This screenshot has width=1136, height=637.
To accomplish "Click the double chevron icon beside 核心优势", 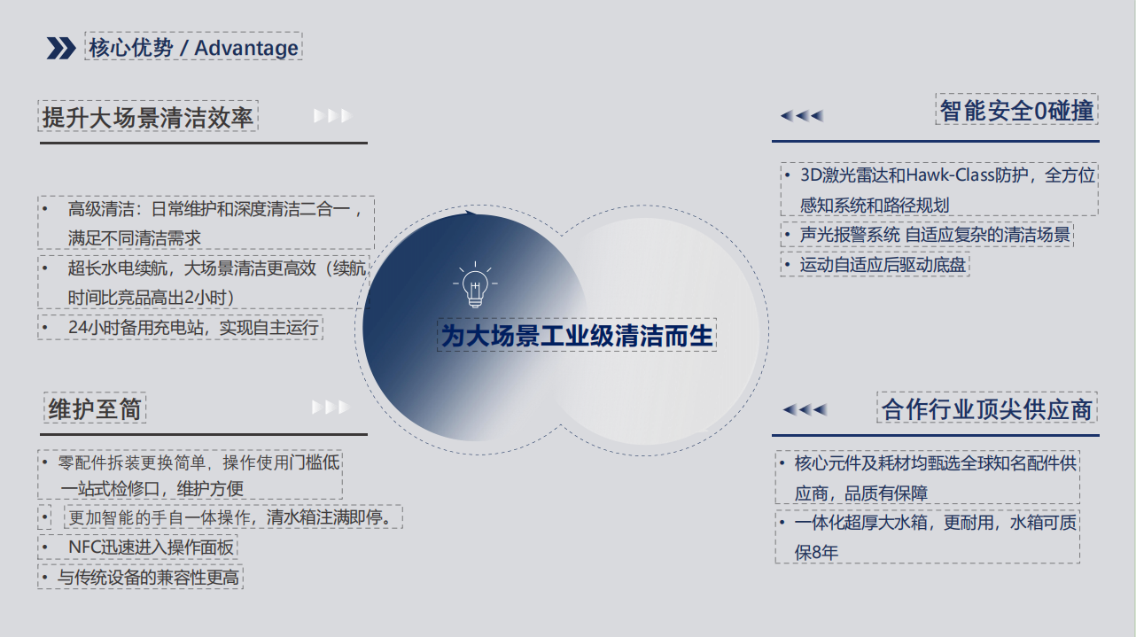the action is point(61,48).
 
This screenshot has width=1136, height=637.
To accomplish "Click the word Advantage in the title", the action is point(246,48).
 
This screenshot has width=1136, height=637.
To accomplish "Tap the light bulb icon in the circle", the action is point(475,284).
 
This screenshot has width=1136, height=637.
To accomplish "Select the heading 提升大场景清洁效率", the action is point(148,117).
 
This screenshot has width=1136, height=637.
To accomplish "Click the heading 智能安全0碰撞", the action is point(1017,110).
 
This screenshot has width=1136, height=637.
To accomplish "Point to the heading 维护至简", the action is point(95,408).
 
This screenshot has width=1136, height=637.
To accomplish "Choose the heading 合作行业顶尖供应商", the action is point(987,408).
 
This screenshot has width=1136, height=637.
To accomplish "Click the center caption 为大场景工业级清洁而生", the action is point(577,335).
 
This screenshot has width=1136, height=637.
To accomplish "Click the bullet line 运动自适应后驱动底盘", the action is point(883,265).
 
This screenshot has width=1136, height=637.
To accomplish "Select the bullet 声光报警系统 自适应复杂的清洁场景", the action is point(935,235).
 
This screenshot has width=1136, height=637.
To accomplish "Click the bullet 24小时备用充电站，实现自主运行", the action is point(193,328).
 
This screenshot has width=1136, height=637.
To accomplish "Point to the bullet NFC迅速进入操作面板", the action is point(151,548).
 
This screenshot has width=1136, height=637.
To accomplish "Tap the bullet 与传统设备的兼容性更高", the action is point(148,577).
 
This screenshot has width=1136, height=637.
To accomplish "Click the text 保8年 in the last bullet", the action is point(816,552).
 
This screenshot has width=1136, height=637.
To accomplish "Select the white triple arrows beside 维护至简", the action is point(331,407).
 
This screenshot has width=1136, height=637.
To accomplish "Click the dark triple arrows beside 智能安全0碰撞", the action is point(802,116).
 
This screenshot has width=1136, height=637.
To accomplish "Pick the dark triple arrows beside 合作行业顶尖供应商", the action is point(805,409).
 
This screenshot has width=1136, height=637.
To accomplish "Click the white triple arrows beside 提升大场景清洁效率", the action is point(332,116).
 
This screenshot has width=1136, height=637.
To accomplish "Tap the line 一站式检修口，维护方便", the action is point(152,489).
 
